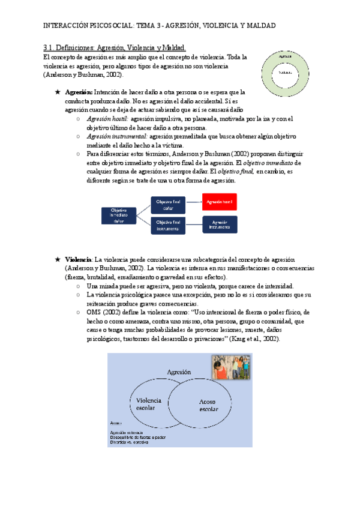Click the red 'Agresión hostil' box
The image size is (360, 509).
click(220, 202)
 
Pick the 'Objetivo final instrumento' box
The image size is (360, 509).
click(167, 226)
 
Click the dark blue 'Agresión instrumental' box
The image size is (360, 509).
click(220, 225)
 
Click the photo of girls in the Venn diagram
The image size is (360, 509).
click(231, 367)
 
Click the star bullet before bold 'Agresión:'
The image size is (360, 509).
click(57, 93)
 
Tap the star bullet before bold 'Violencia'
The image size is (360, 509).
click(57, 259)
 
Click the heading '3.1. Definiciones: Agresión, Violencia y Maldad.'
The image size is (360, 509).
click(115, 47)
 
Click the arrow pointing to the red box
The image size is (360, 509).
click(194, 202)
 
